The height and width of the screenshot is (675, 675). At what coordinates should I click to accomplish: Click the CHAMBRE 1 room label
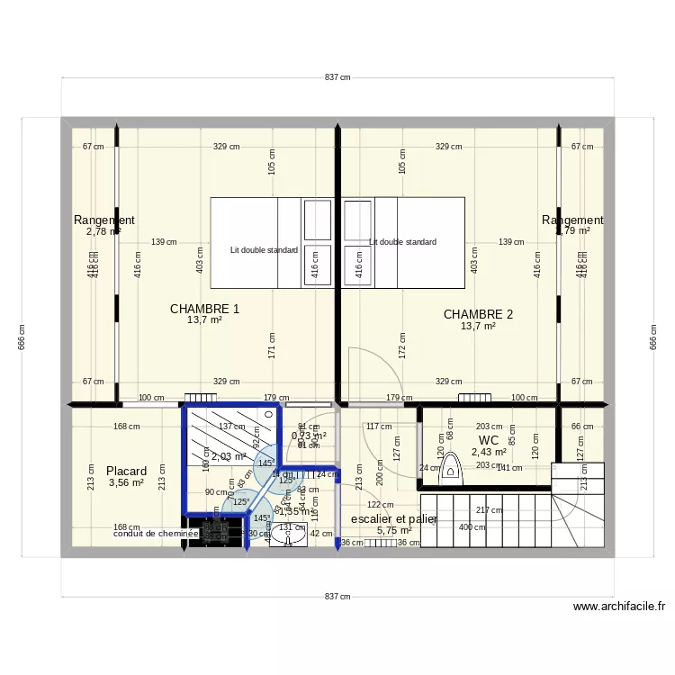pos(204,309)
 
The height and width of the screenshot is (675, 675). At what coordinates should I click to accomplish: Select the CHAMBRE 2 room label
pos(478,314)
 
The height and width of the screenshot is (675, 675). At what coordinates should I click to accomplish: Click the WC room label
pos(489,440)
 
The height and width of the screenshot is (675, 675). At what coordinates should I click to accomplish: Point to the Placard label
pos(126,471)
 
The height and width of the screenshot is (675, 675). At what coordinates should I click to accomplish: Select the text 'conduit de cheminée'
pos(156,534)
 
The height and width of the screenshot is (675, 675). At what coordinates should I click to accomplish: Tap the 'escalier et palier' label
pos(394,519)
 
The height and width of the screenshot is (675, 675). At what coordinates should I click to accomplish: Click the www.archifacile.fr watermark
pos(618,607)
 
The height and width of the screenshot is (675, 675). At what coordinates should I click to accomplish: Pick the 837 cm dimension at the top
pos(337,78)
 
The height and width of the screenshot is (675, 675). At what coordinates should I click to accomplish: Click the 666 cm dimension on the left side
pos(22,337)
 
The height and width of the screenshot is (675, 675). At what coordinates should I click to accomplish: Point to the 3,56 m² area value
pos(126,483)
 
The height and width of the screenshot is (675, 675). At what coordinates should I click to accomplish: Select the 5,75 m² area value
pos(394,531)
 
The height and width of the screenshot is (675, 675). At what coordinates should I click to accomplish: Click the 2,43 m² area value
pos(489,452)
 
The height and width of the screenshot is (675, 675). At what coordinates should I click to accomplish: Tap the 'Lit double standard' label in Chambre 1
pos(264,250)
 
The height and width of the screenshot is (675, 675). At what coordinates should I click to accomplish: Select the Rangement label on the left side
pos(104,220)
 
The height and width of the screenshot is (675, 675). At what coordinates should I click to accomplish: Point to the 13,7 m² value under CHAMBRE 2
pos(478,327)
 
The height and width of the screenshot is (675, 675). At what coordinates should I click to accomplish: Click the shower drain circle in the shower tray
pos(269,415)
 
